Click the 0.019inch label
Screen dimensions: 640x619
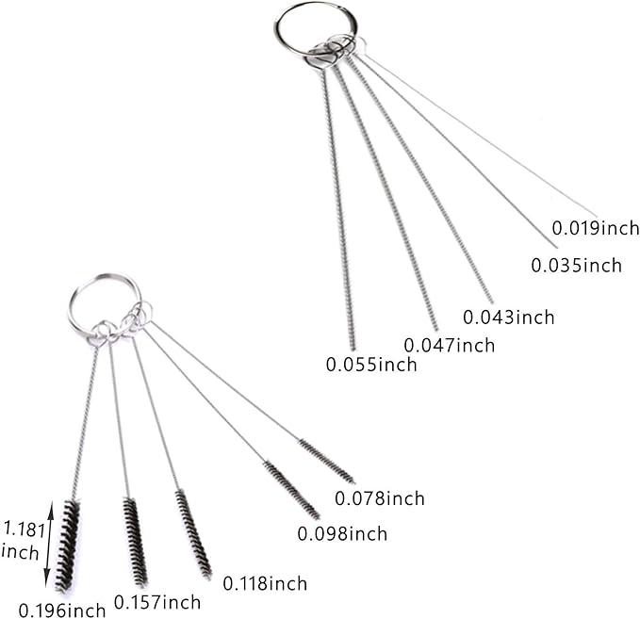[596, 228]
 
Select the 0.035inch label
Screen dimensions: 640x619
[576, 266]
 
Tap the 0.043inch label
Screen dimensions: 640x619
[509, 318]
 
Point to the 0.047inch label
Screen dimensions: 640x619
[450, 345]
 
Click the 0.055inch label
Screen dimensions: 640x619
[371, 365]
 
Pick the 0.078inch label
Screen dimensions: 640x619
[380, 498]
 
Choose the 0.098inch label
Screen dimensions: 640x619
[342, 533]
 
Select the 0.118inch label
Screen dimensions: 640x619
[265, 583]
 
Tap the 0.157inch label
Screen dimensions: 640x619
[157, 602]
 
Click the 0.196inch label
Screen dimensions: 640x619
[62, 611]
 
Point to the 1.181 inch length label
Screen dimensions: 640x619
[23, 541]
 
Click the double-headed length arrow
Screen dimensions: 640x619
[49, 544]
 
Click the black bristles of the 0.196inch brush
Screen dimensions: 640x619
[67, 546]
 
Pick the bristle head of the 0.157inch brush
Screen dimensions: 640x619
[135, 543]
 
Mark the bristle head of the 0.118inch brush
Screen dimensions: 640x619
[193, 534]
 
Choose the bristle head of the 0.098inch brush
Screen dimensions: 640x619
[291, 490]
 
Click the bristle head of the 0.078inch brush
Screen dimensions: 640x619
[327, 462]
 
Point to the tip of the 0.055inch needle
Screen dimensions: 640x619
[353, 350]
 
